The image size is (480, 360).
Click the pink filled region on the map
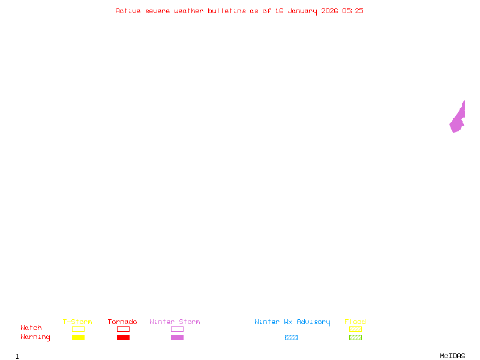(x=458, y=119)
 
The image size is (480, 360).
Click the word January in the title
(x=302, y=11)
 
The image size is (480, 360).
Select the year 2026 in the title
(x=329, y=11)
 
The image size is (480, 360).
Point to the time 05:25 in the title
(x=353, y=11)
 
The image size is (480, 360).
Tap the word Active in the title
(x=128, y=11)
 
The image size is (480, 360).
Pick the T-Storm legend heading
(x=77, y=322)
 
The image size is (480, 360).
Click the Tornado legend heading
(x=122, y=322)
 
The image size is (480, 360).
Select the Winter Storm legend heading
(x=175, y=322)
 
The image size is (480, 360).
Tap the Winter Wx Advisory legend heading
(x=292, y=322)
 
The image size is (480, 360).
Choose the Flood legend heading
(x=355, y=322)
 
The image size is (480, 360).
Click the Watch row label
(x=31, y=328)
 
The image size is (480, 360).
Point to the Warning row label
(x=35, y=337)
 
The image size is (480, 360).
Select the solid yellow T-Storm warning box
(x=79, y=337)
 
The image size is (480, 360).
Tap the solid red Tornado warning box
(x=124, y=337)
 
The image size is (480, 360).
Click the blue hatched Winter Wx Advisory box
(x=291, y=337)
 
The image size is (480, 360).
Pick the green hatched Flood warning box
(x=355, y=337)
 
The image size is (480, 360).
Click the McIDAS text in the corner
(x=452, y=356)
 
